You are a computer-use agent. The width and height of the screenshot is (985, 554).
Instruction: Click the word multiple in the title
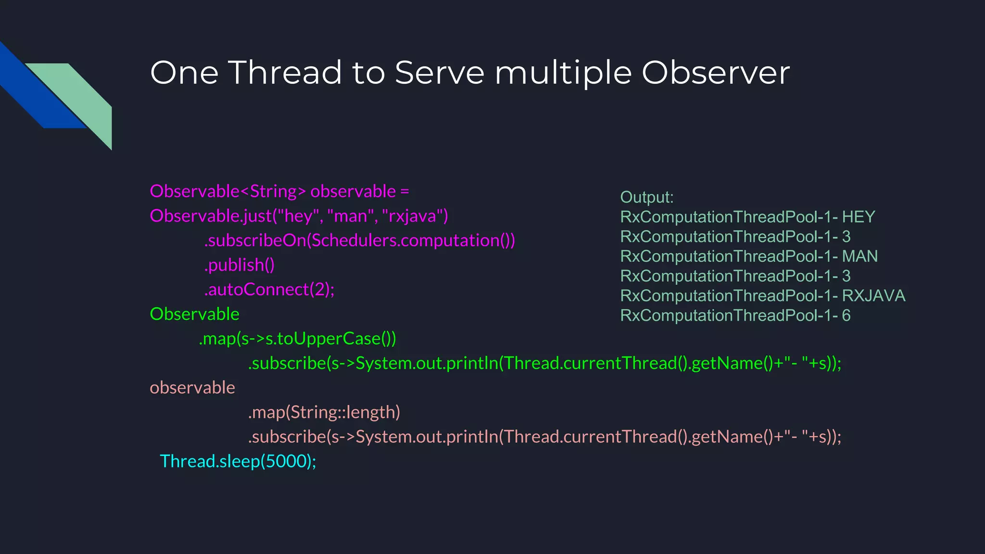click(563, 74)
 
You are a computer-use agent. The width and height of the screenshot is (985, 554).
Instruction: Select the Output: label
click(646, 197)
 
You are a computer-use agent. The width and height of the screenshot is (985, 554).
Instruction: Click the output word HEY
click(858, 217)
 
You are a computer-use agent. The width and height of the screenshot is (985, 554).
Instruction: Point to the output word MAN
click(859, 256)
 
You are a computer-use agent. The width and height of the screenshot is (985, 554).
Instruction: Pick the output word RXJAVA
click(873, 296)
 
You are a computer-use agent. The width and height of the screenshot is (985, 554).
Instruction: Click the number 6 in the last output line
click(846, 315)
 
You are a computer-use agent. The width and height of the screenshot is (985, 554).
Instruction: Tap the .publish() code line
click(239, 265)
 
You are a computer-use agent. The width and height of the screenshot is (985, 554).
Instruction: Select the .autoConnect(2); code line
click(269, 290)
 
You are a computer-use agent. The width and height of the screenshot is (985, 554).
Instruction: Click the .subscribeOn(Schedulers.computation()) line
click(359, 240)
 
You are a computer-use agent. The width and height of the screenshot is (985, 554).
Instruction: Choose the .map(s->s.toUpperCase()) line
click(297, 339)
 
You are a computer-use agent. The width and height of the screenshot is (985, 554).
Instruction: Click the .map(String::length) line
click(324, 412)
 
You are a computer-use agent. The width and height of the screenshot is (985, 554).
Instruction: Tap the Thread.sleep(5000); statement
click(238, 461)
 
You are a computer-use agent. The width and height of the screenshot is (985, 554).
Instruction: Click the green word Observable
click(194, 314)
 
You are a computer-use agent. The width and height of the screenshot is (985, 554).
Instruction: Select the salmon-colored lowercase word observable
click(192, 388)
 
